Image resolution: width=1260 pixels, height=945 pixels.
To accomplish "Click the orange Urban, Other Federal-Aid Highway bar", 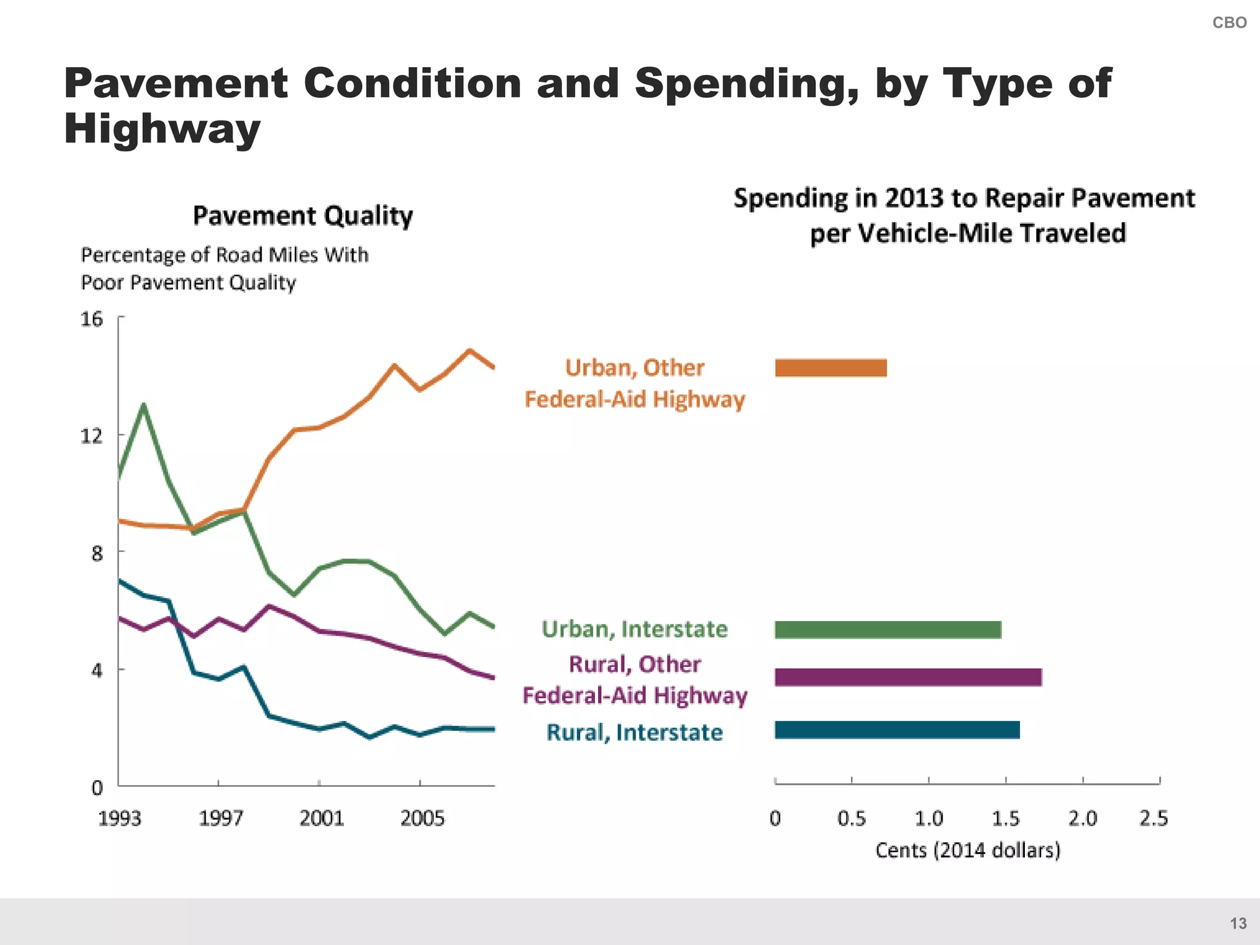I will click(831, 368).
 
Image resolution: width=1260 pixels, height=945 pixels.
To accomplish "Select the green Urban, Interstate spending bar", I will click(888, 630).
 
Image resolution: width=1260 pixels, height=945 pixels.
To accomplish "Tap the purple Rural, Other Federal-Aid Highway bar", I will click(908, 677).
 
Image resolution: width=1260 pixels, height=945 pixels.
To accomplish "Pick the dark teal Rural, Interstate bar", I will click(897, 730).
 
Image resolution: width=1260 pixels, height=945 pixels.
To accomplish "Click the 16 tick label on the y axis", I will click(92, 319).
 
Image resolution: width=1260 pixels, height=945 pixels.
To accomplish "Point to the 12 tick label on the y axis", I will click(92, 436).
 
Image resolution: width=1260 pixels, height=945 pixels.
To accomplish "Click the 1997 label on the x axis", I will click(220, 818).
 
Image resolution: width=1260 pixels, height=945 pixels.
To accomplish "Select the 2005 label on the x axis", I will click(422, 818).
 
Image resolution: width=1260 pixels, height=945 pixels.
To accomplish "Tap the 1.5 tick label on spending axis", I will click(1005, 818).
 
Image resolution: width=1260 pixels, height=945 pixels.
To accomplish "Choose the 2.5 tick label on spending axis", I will click(1153, 818).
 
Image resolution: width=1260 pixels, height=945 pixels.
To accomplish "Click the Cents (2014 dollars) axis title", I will click(968, 850).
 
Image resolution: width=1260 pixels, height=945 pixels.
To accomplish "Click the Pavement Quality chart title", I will click(303, 216).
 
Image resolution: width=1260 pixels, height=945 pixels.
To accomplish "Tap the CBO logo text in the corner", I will click(1229, 23).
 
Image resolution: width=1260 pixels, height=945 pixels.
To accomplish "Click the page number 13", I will click(1238, 923).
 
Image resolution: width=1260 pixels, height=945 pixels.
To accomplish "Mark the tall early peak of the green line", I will click(143, 405).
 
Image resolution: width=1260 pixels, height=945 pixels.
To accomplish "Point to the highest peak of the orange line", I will click(469, 351).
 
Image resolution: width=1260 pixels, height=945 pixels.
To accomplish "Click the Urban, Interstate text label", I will click(634, 629).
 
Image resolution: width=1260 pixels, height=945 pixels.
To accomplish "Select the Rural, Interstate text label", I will click(634, 732).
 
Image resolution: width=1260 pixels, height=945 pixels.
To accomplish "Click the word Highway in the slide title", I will click(162, 129).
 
